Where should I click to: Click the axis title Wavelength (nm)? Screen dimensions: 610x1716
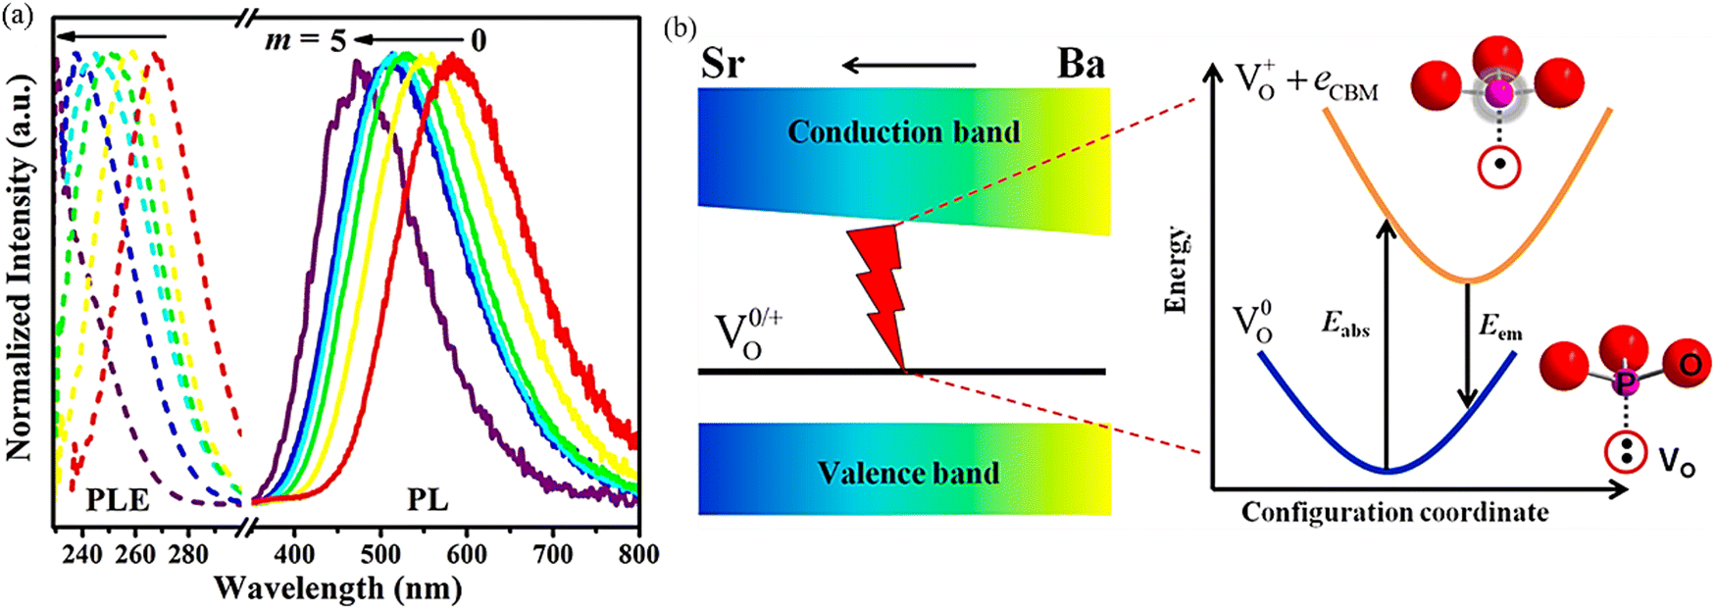(x=338, y=587)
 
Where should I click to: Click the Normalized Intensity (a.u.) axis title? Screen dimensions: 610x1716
(x=20, y=266)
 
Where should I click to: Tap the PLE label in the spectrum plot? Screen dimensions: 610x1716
(x=118, y=500)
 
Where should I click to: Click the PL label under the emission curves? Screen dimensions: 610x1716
(x=428, y=500)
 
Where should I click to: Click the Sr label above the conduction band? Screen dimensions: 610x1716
(x=723, y=65)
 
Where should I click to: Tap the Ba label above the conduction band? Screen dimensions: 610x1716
(x=1081, y=65)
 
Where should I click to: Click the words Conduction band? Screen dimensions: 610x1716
(x=903, y=132)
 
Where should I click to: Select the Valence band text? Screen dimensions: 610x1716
(x=908, y=473)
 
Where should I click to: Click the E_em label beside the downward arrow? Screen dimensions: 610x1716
(x=1499, y=328)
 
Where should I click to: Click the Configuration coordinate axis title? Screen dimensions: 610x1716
(x=1394, y=512)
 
